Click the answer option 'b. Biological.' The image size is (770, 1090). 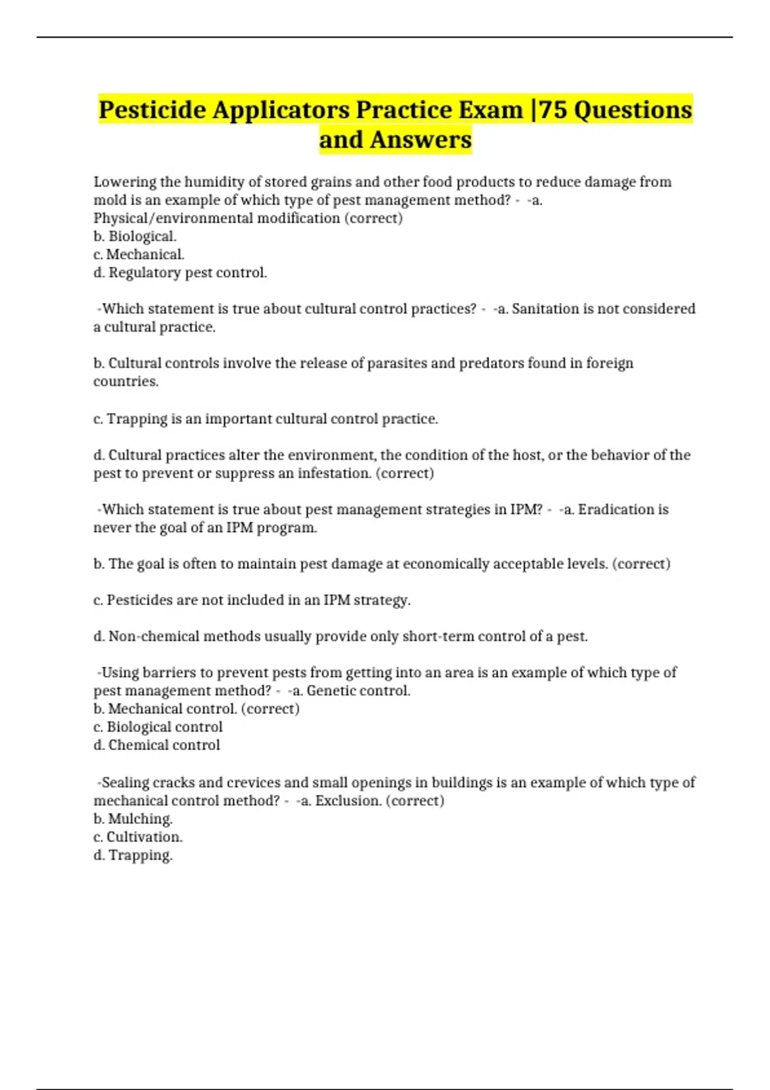pos(135,237)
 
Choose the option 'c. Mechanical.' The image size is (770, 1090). pos(139,255)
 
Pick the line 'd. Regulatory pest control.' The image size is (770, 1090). pos(180,272)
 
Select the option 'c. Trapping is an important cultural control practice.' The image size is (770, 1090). pos(266,419)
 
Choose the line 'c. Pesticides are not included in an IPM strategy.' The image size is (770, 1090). pos(252,600)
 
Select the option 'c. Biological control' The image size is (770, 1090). pos(158,727)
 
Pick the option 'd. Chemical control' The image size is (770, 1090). pos(157,745)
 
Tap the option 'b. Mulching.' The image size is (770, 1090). pos(133,819)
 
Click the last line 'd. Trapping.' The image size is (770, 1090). pos(133,855)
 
